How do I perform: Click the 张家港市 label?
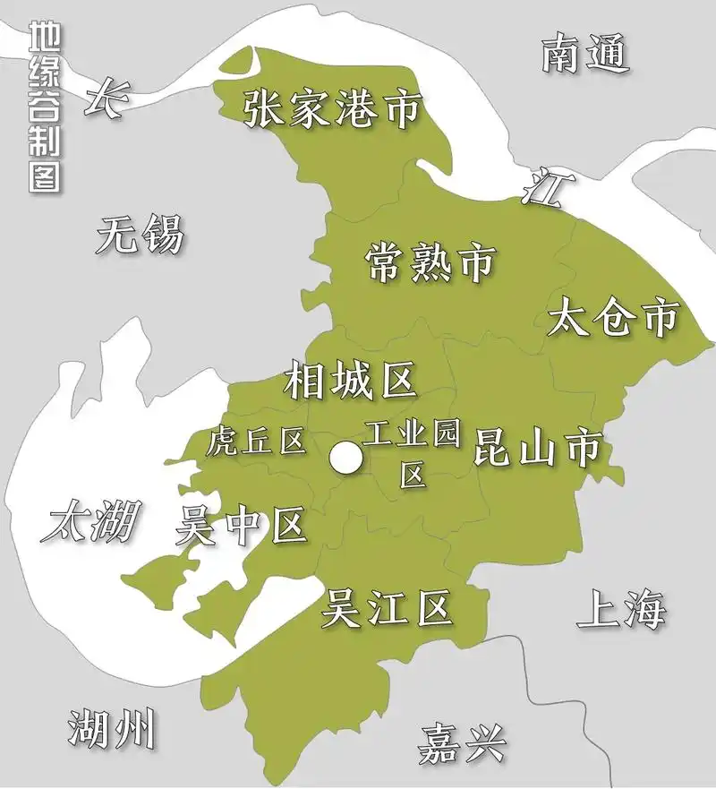tap(332, 108)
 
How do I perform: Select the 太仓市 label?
tap(614, 318)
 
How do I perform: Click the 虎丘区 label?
tap(256, 441)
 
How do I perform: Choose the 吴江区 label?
tap(387, 610)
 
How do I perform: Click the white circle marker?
tap(345, 459)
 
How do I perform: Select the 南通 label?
tap(585, 55)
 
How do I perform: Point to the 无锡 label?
tap(141, 236)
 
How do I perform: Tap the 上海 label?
tap(621, 610)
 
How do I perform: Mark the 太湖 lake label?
tap(91, 520)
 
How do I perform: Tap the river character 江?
tap(543, 188)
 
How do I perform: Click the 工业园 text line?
tap(413, 435)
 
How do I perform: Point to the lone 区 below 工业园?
tap(413, 475)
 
